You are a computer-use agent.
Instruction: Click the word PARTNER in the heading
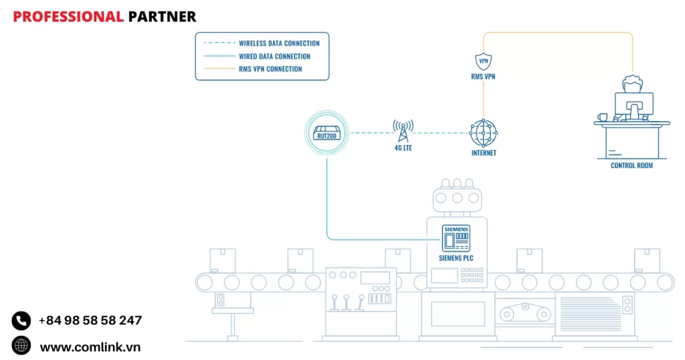click(x=162, y=17)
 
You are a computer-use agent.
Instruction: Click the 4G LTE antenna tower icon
click(x=403, y=130)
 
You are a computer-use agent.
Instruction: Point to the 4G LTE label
click(x=403, y=148)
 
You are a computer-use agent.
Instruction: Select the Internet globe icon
click(x=483, y=132)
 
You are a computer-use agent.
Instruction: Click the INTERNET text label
click(x=484, y=153)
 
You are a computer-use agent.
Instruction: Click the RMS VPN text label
click(x=483, y=77)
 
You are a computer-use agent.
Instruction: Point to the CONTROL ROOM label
click(x=631, y=165)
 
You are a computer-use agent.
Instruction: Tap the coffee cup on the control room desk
click(x=603, y=117)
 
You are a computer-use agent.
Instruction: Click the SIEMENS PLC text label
click(x=458, y=257)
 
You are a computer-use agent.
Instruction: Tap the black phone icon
click(x=21, y=321)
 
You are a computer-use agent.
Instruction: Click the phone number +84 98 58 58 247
click(x=90, y=321)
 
